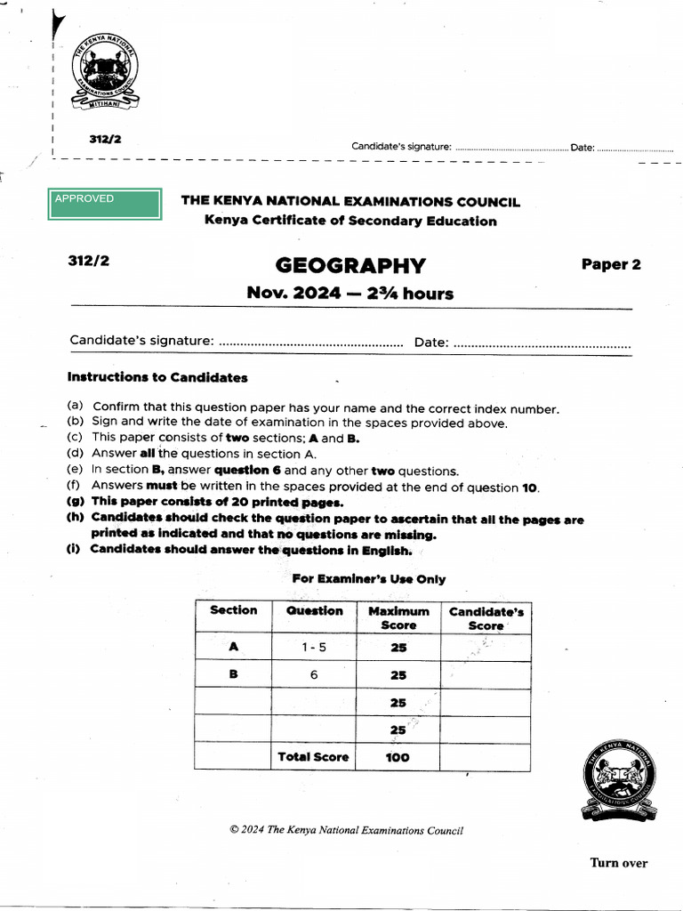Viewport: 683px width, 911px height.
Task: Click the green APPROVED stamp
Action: [107, 204]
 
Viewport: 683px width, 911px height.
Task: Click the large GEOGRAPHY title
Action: [350, 266]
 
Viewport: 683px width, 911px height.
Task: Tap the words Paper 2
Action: [611, 264]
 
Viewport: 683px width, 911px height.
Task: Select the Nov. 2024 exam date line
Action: [350, 294]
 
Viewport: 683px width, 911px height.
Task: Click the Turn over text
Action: [619, 863]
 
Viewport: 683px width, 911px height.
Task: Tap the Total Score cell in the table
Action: [313, 757]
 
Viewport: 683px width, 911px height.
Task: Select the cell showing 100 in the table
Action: [398, 758]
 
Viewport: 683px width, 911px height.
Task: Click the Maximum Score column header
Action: [398, 617]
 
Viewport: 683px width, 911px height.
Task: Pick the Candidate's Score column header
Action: [486, 618]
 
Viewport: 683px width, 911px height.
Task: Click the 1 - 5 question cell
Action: [313, 648]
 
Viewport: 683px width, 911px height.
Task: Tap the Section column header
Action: [233, 610]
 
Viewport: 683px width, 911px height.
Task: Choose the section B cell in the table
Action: [233, 674]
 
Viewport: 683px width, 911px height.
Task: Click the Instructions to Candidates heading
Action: [157, 377]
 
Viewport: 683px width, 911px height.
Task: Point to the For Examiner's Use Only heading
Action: [369, 579]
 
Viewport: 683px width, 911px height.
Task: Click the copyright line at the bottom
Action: [346, 831]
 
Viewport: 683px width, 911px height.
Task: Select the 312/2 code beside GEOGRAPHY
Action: [88, 261]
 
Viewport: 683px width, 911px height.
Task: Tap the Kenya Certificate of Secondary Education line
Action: [350, 222]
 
